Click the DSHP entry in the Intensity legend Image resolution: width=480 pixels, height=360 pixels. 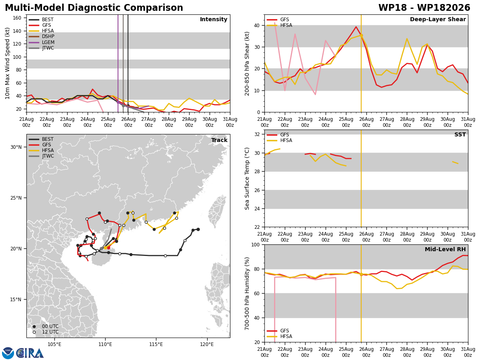coord(42,36)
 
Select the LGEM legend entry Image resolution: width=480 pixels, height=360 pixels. coord(42,42)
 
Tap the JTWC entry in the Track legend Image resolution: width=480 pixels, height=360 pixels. coord(41,156)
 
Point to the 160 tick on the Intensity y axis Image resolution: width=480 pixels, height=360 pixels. coord(17,18)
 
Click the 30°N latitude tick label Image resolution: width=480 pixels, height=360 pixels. coord(16,147)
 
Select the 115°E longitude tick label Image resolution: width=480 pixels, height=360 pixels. coord(156,344)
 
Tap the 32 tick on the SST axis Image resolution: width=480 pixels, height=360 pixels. coord(257,134)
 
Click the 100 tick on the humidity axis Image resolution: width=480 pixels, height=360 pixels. coord(256,244)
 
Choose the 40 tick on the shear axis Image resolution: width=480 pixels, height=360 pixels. coord(257,25)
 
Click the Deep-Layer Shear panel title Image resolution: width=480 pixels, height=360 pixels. coord(438,19)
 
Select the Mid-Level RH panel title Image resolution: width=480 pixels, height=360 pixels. coord(445,249)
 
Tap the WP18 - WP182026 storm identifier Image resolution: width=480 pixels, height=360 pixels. coord(424,8)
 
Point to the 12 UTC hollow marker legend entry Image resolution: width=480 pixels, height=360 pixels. coord(46,332)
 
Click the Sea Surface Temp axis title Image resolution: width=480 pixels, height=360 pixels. coord(247,178)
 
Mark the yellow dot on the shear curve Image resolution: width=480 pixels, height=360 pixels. coord(361,36)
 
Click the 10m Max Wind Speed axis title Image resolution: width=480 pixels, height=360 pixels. coord(7,63)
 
